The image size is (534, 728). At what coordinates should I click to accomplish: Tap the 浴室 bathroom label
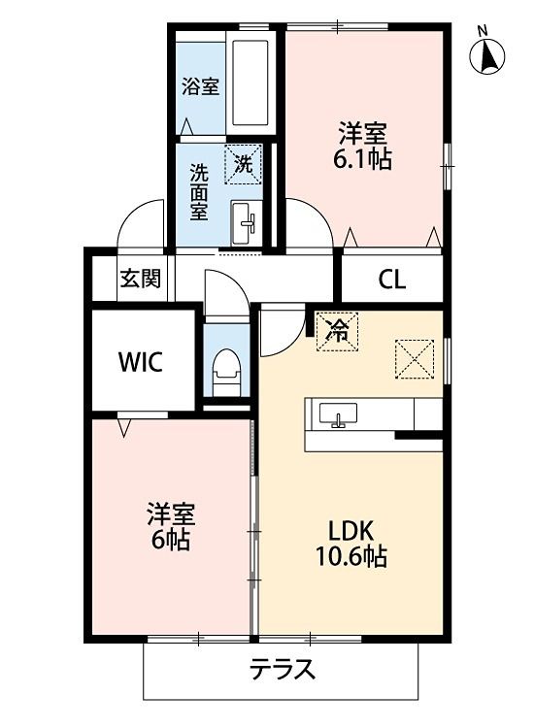pyautogui.click(x=200, y=85)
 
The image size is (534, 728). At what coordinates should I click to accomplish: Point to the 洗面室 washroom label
pyautogui.click(x=199, y=191)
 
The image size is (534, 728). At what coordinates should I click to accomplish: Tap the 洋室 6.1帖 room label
pyautogui.click(x=365, y=147)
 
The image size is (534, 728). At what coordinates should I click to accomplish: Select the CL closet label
pyautogui.click(x=392, y=281)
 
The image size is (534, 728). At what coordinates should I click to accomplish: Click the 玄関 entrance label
pyautogui.click(x=140, y=279)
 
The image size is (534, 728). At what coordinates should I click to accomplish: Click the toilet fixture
pyautogui.click(x=225, y=370)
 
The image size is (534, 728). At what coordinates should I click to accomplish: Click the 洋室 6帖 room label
pyautogui.click(x=169, y=524)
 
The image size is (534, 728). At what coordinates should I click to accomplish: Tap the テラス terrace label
pyautogui.click(x=283, y=670)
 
